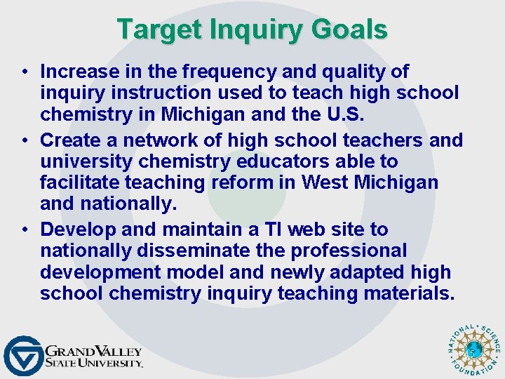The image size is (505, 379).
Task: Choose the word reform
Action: click(258, 182)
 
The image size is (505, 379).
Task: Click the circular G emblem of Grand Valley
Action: click(22, 355)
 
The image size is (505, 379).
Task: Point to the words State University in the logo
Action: click(93, 363)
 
